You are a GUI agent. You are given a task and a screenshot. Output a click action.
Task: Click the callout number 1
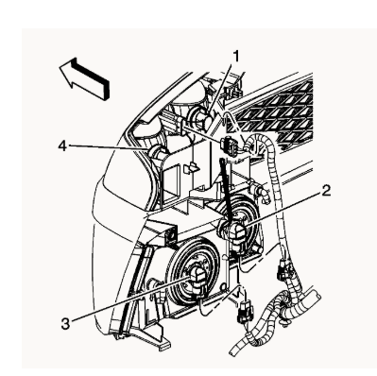(235, 58)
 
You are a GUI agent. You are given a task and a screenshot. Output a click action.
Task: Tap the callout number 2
(326, 191)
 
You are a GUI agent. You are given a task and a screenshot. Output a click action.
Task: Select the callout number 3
(65, 323)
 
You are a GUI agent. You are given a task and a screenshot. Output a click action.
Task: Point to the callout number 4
(62, 145)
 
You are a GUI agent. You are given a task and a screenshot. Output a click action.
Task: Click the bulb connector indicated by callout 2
(235, 233)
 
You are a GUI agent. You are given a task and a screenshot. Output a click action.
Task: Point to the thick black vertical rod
(225, 190)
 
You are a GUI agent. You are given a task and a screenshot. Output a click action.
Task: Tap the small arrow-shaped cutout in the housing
(192, 168)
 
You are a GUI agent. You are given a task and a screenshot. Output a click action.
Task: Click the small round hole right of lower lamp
(223, 287)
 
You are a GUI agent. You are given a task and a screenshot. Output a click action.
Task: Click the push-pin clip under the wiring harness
(285, 323)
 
